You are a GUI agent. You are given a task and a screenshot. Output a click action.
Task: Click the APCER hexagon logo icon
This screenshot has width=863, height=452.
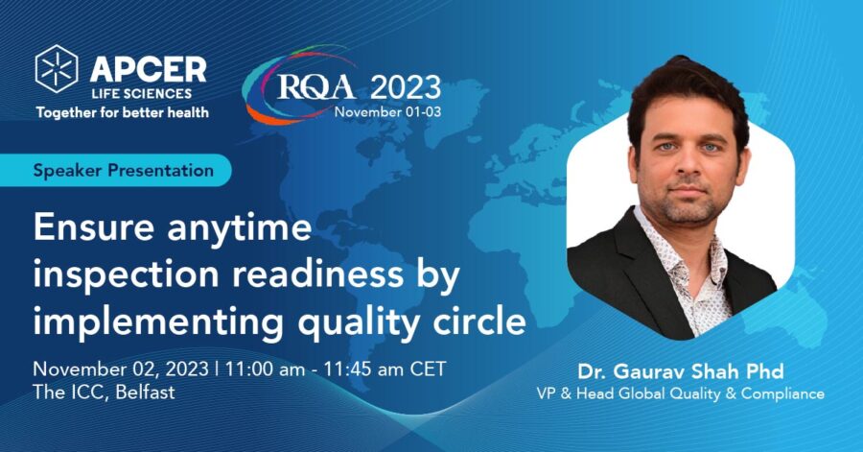(x=57, y=68)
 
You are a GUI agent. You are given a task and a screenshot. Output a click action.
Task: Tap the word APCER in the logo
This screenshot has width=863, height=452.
(x=148, y=70)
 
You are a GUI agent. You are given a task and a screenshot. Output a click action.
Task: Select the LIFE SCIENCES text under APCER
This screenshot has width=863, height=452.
(x=142, y=94)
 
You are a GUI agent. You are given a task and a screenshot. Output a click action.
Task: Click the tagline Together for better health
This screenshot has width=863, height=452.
(x=122, y=113)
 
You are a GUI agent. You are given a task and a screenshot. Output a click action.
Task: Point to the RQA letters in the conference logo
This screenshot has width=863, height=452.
(x=316, y=86)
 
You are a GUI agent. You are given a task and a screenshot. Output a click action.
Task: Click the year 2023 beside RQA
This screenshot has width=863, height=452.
(x=405, y=87)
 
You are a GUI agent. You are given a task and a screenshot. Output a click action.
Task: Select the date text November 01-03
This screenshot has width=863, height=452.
(x=387, y=111)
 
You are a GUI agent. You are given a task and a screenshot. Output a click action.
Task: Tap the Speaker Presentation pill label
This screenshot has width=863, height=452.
(x=124, y=170)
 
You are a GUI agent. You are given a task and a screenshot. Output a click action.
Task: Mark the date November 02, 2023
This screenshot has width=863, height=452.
(x=121, y=369)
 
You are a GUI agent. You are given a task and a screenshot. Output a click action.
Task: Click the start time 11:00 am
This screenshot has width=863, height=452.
(x=265, y=369)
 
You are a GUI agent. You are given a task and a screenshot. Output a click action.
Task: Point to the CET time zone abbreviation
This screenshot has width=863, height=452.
(x=428, y=369)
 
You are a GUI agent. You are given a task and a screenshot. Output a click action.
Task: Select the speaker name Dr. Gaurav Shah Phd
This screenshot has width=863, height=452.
(x=680, y=371)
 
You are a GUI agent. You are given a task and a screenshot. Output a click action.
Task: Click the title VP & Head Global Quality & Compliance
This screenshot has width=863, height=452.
(x=680, y=393)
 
